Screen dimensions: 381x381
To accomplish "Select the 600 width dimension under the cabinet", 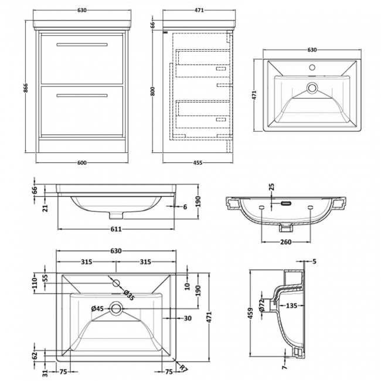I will point(82,162).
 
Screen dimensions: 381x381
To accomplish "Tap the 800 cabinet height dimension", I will point(154,91).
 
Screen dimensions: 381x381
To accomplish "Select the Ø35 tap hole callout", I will point(128,296).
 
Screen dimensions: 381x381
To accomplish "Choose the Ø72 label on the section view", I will point(263,304).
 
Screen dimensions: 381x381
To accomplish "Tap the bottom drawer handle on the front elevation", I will point(81,95).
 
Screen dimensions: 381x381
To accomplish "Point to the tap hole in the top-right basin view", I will point(312,68).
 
